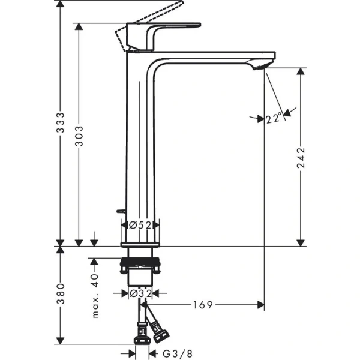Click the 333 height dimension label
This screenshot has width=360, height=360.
coord(60,122)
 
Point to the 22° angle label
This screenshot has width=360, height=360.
coord(273,119)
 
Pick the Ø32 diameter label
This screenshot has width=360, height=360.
coord(140,293)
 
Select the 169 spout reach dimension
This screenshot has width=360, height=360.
coord(203,305)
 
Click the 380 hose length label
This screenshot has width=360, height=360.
coord(60,295)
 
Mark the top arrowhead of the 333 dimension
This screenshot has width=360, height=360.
coord(60,4)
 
